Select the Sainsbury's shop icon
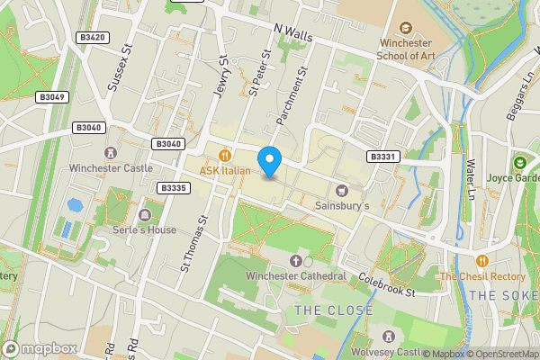click(x=342, y=191)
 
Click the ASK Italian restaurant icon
click(x=234, y=155)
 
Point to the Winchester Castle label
click(x=112, y=167)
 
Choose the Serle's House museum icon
click(x=145, y=215)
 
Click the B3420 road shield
click(x=93, y=38)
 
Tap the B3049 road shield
click(x=53, y=97)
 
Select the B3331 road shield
click(x=382, y=157)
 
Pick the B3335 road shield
click(x=172, y=188)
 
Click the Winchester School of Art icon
click(x=404, y=29)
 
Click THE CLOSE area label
click(x=334, y=311)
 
